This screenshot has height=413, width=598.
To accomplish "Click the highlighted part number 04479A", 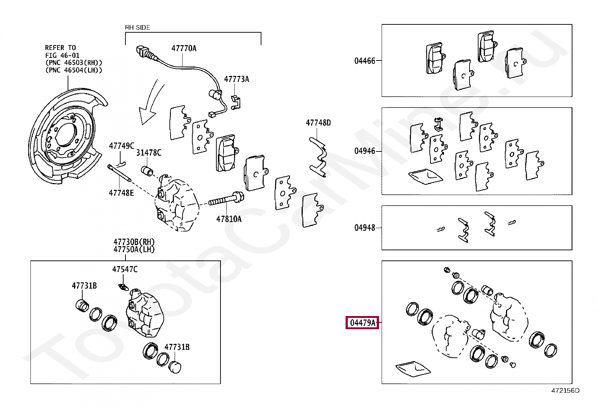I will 362,322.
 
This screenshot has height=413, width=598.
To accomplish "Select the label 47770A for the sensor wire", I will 184,48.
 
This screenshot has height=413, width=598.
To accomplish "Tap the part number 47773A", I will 236,79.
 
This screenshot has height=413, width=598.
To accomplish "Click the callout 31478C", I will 148,152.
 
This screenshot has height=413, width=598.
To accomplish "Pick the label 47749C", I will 121,146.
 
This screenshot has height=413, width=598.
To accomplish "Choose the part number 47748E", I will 121,193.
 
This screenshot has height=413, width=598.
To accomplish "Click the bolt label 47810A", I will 228,219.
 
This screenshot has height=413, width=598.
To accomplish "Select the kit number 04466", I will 364,61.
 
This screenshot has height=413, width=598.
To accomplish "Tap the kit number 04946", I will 364,151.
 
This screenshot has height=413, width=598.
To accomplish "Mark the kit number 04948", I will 364,227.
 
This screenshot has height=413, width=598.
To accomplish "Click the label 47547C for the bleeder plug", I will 125,269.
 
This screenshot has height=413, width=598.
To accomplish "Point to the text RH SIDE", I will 137,27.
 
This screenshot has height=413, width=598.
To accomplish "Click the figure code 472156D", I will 565,390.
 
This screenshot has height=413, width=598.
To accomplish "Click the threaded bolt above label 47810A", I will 225,200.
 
